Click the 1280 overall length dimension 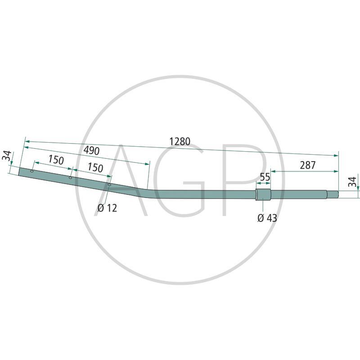coord(180,141)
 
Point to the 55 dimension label coord(265,177)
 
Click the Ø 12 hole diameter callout coord(107,208)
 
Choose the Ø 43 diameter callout coord(267,218)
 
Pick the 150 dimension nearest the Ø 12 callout coord(95,167)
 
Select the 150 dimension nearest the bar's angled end coord(56,160)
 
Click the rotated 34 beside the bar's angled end coord(6,157)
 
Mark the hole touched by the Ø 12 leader coord(109,184)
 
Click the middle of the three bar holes coord(70,177)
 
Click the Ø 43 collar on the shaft coord(263,195)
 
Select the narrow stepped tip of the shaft coord(333,194)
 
